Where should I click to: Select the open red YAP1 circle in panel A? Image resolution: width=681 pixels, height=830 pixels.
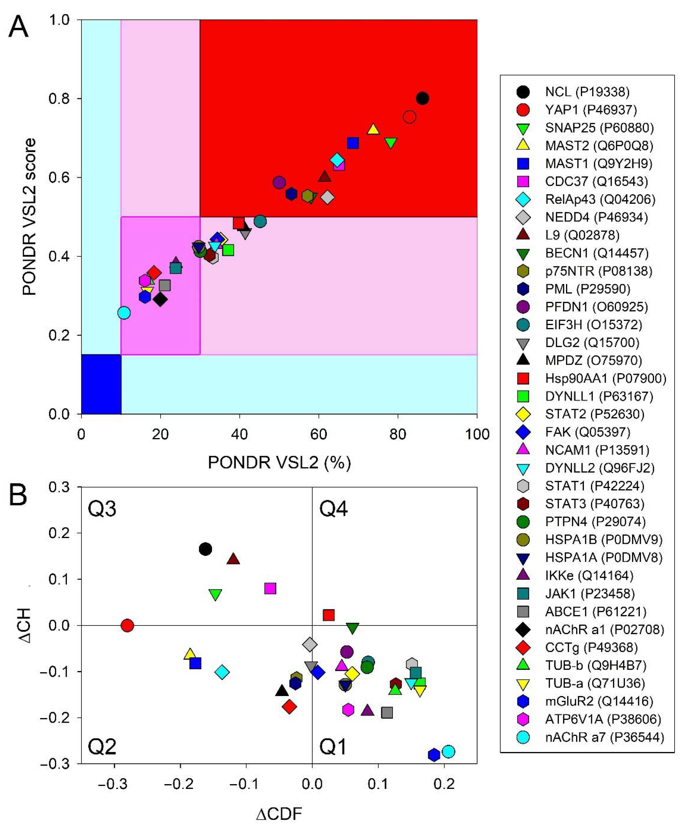[x=409, y=117]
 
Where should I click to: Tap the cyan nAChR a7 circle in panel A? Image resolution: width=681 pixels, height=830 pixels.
[x=124, y=313]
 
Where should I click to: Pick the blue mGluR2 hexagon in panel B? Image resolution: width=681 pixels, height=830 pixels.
[x=433, y=755]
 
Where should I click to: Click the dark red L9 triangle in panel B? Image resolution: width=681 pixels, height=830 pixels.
[x=234, y=559]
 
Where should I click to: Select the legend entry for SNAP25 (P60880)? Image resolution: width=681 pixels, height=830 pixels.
[x=599, y=128]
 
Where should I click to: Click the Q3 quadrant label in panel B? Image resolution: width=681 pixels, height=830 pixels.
[x=102, y=509]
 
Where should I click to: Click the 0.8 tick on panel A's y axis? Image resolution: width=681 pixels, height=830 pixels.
[x=59, y=98]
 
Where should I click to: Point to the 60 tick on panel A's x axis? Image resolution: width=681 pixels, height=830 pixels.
[x=318, y=434]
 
